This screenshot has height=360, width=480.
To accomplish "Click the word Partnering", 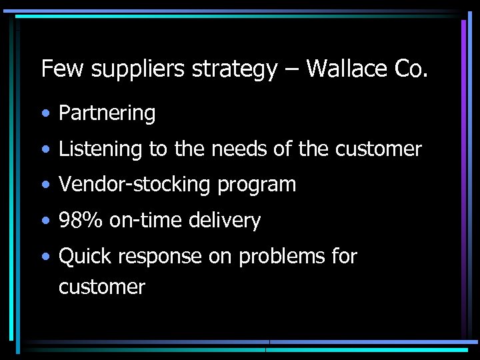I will (107, 114).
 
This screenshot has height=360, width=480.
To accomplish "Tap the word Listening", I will (100, 149).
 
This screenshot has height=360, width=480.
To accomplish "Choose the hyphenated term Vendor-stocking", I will (135, 185).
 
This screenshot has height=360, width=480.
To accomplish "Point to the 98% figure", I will (81, 221).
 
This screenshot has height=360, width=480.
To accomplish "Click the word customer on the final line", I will (101, 288).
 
